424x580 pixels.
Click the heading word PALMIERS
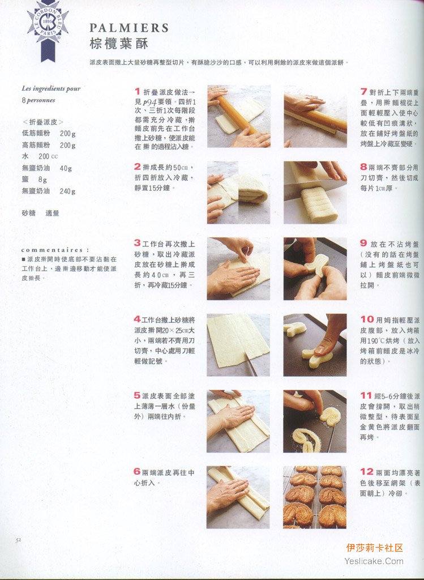(x=129, y=28)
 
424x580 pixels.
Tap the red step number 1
(x=137, y=91)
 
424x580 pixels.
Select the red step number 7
(x=364, y=91)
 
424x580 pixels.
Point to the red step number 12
(x=367, y=471)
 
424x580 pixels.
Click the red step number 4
(x=137, y=319)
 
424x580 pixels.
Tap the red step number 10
(x=367, y=319)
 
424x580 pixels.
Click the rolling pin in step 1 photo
(x=236, y=114)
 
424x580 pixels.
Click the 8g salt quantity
(x=42, y=180)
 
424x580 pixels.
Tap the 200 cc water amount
(x=48, y=156)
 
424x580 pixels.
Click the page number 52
(x=18, y=540)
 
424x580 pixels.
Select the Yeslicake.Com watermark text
(x=374, y=561)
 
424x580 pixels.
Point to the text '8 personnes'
(x=38, y=100)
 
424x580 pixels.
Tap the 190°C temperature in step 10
(x=379, y=340)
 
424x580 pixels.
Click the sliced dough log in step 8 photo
(x=318, y=204)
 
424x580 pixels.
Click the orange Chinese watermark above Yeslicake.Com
(x=374, y=548)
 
